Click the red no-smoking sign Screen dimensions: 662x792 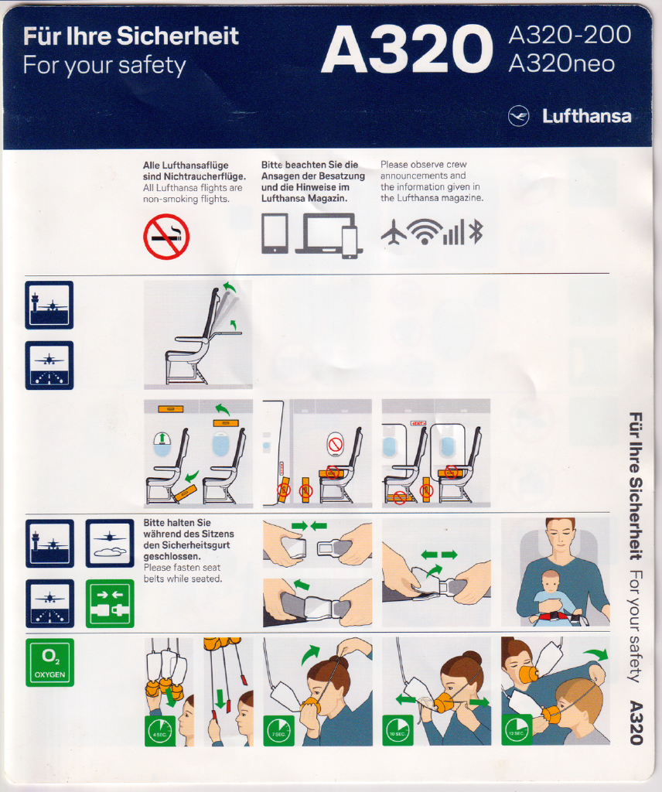click(166, 237)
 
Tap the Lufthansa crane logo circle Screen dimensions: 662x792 click(519, 116)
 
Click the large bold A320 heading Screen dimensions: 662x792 click(407, 49)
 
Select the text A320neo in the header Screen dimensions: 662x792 click(561, 64)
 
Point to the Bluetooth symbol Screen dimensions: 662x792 click(476, 232)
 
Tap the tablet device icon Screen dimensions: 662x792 click(275, 234)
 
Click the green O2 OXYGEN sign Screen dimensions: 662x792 click(50, 663)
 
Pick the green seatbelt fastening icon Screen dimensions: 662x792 click(110, 603)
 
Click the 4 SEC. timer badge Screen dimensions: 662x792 click(160, 731)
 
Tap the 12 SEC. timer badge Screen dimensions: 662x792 click(517, 730)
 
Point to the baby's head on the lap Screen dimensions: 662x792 click(550, 581)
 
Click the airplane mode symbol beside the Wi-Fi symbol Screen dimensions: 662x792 click(394, 233)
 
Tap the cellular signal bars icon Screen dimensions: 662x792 click(453, 234)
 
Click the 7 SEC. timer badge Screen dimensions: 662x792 click(279, 731)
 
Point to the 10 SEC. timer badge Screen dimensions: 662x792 click(398, 730)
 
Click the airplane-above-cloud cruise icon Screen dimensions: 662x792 click(110, 544)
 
